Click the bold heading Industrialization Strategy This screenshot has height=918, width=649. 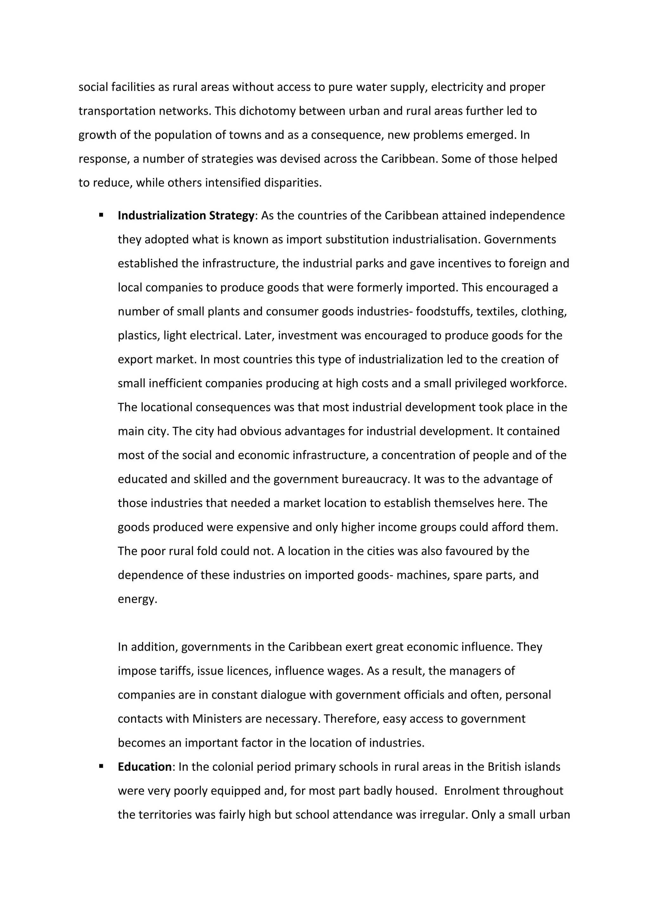tap(186, 216)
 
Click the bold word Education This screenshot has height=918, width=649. tap(145, 767)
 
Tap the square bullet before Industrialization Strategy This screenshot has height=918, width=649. tap(101, 215)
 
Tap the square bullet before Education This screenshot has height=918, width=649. tap(101, 766)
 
